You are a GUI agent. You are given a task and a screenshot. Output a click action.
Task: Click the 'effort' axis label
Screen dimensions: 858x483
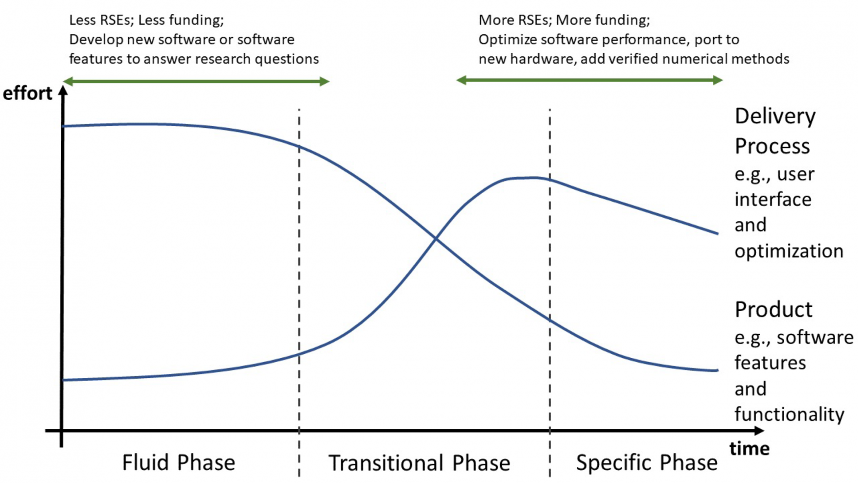pyautogui.click(x=28, y=93)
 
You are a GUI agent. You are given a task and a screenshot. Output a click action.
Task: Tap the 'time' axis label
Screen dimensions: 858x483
pyautogui.click(x=749, y=449)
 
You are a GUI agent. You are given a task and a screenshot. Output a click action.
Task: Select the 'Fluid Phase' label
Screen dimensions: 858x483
pyautogui.click(x=179, y=462)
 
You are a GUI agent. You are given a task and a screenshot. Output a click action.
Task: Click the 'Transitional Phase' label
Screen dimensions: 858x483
pyautogui.click(x=419, y=463)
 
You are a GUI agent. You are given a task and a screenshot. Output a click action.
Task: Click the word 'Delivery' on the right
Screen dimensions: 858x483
pyautogui.click(x=775, y=117)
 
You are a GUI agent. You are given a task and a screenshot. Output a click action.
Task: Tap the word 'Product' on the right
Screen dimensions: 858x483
pyautogui.click(x=774, y=309)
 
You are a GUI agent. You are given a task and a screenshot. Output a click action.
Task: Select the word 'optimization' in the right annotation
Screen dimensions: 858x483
pyautogui.click(x=789, y=251)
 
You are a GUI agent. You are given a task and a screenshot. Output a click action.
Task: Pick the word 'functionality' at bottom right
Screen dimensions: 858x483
pyautogui.click(x=789, y=414)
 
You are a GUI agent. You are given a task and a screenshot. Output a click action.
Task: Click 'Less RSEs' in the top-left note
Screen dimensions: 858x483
pyautogui.click(x=101, y=20)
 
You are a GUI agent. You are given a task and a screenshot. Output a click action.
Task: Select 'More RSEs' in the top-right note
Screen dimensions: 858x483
pyautogui.click(x=514, y=20)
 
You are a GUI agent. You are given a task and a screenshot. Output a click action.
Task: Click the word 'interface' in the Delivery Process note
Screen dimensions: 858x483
pyautogui.click(x=773, y=199)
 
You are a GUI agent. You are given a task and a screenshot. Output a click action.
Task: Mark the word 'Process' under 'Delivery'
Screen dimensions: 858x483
pyautogui.click(x=772, y=147)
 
